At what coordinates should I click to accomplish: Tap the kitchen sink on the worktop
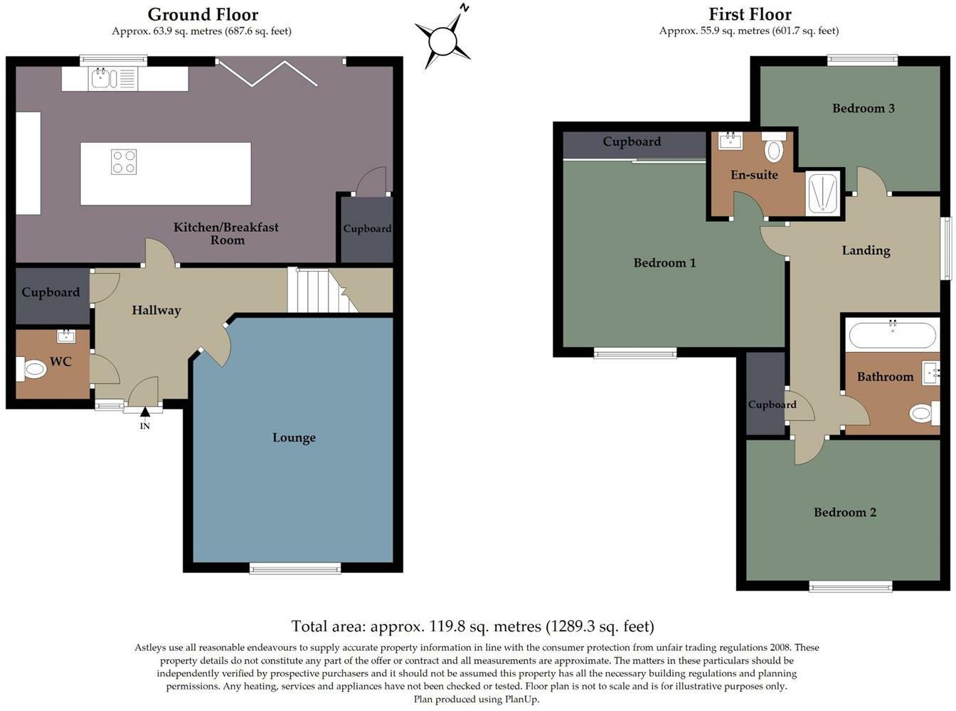point(102,78)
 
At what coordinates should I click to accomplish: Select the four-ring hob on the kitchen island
point(124,162)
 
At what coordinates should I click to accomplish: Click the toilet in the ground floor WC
point(31,369)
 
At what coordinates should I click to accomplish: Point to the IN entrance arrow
point(145,412)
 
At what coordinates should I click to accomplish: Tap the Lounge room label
point(294,438)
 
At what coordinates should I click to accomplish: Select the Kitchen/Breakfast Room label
point(226,233)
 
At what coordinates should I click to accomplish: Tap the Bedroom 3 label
point(864,108)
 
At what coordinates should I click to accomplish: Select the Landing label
point(866,250)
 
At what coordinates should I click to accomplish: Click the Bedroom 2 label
point(845,513)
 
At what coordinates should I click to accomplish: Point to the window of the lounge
point(294,567)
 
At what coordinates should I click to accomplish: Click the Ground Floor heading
point(203,14)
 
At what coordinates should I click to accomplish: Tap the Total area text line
point(472,626)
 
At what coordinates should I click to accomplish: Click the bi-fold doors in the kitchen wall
point(267,71)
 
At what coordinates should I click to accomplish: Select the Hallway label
point(156,311)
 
